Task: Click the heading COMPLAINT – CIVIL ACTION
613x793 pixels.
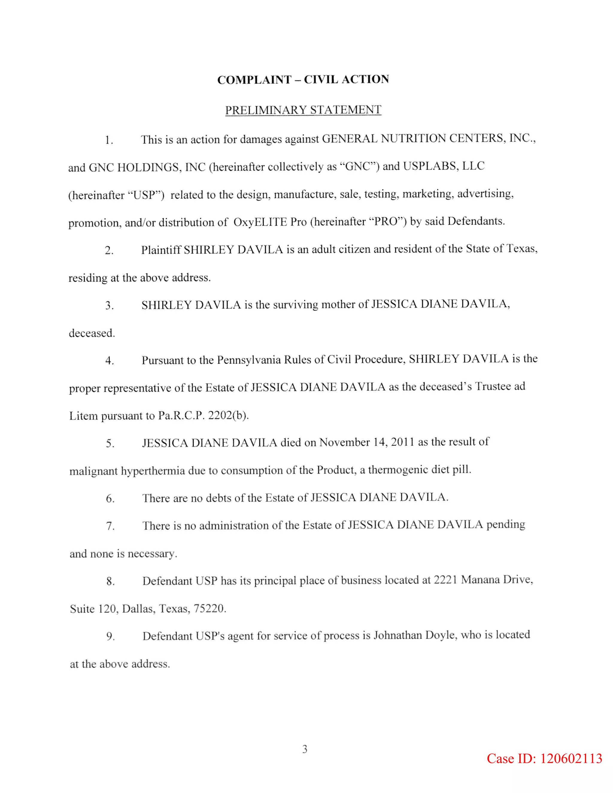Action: point(303,80)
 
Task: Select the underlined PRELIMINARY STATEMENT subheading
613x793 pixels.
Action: point(303,110)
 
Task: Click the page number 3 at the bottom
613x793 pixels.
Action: point(305,749)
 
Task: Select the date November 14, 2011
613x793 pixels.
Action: point(367,442)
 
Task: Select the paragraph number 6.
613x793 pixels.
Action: point(110,499)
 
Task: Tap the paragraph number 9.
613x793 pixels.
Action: point(110,636)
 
